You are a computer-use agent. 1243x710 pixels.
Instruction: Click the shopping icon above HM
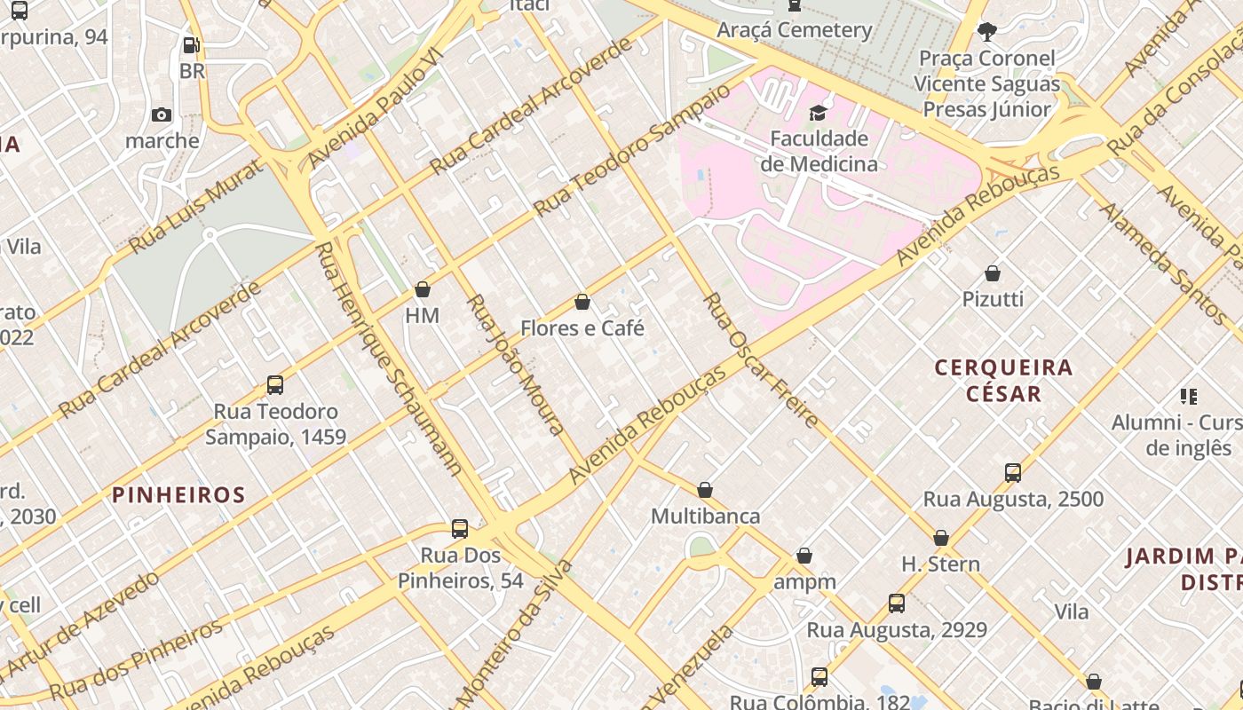pyautogui.click(x=423, y=289)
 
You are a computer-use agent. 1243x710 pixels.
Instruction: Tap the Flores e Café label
pyautogui.click(x=582, y=328)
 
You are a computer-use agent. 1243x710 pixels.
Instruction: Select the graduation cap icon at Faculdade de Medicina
pyautogui.click(x=818, y=113)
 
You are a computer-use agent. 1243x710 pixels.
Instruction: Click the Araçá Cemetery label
pyautogui.click(x=794, y=29)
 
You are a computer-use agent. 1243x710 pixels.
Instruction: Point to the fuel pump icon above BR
pyautogui.click(x=191, y=44)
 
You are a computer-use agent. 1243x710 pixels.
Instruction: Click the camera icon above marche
pyautogui.click(x=162, y=114)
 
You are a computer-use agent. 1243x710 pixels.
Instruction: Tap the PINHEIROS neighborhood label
pyautogui.click(x=178, y=494)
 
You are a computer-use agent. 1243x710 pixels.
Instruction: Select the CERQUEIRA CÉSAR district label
pyautogui.click(x=1003, y=380)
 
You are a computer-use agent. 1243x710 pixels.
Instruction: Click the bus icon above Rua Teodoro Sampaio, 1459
pyautogui.click(x=275, y=385)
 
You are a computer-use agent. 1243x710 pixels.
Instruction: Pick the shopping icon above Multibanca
pyautogui.click(x=705, y=490)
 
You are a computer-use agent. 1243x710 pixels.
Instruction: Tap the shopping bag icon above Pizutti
pyautogui.click(x=993, y=273)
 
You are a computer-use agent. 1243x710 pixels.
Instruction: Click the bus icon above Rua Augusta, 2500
pyautogui.click(x=1013, y=472)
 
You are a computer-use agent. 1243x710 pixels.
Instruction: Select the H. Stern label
pyautogui.click(x=940, y=564)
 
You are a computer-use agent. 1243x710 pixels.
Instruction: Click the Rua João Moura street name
pyautogui.click(x=516, y=364)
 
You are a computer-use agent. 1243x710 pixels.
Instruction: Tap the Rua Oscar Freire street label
pyautogui.click(x=760, y=360)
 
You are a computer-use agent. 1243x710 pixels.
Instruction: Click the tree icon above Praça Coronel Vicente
pyautogui.click(x=986, y=33)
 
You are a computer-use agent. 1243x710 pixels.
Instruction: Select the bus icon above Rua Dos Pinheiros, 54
pyautogui.click(x=460, y=529)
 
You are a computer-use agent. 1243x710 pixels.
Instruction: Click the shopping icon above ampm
pyautogui.click(x=804, y=556)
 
